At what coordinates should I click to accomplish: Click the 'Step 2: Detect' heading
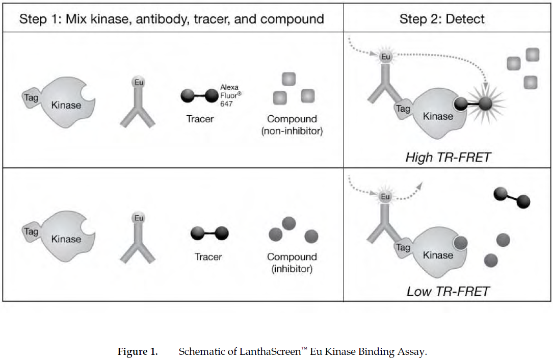point(442,19)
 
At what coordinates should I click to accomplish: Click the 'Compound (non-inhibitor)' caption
point(292,125)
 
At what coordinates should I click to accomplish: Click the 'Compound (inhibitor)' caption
point(292,263)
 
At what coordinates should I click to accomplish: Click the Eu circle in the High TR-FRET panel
point(386,57)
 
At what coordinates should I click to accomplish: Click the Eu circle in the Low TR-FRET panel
point(386,196)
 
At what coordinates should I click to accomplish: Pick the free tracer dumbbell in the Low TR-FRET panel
point(512,197)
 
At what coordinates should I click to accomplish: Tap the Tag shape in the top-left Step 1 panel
point(31,96)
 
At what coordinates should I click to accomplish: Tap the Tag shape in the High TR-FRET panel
point(403,109)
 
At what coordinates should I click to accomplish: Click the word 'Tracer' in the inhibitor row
point(208,256)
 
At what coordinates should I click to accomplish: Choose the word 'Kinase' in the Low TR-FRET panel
point(438,255)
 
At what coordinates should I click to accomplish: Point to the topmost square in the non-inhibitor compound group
point(288,79)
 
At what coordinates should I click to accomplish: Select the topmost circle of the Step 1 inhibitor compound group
point(289,222)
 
